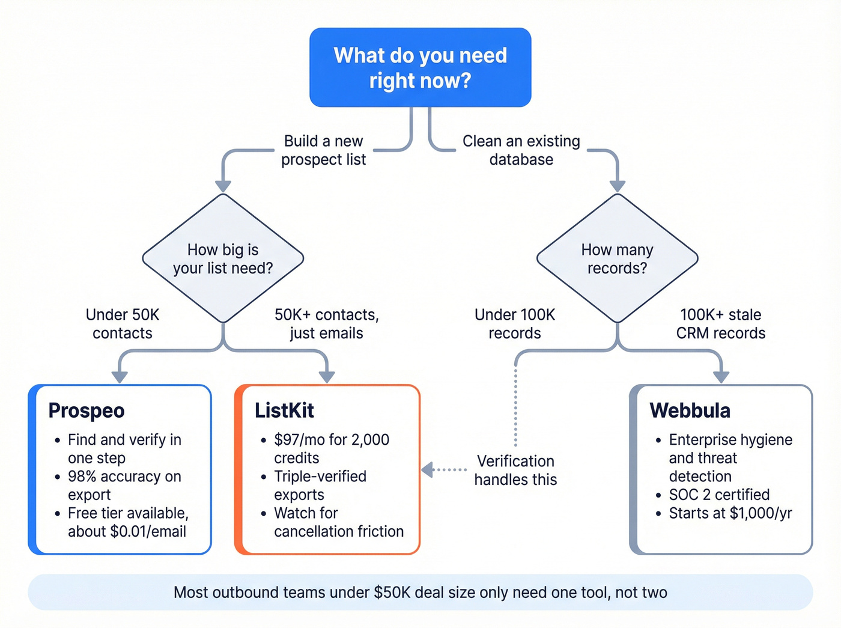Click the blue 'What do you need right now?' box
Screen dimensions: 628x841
pos(420,67)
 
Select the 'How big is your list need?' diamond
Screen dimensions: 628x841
pos(223,258)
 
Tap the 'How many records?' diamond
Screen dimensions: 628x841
pos(617,258)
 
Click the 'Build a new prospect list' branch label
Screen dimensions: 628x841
pos(323,150)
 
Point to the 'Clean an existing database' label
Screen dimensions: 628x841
pos(521,150)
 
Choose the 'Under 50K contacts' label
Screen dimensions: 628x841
pos(123,324)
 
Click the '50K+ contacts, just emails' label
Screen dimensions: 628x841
pos(326,324)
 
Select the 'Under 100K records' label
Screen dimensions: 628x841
pos(515,324)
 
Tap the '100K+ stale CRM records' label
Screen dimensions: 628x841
pos(720,324)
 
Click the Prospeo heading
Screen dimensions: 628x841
pos(87,410)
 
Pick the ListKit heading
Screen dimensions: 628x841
pos(284,410)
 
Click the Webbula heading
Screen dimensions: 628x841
pos(690,410)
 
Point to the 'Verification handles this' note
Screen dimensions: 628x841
pos(515,470)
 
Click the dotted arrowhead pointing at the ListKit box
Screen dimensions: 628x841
pos(427,470)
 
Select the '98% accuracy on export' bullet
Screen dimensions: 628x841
pos(124,486)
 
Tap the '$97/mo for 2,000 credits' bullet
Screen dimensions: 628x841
pos(331,449)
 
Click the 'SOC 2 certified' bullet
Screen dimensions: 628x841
pos(718,495)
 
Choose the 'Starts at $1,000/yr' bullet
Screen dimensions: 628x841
pos(730,513)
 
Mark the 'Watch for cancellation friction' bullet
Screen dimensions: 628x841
pos(338,522)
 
